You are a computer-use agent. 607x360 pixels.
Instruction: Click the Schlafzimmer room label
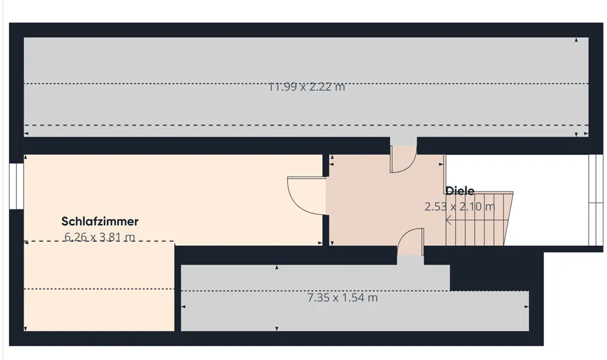(x=100, y=222)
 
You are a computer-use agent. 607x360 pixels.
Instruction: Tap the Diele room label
(x=460, y=191)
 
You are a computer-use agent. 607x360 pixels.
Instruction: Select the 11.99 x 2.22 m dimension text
(x=307, y=87)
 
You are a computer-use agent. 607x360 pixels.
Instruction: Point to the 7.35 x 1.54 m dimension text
(x=342, y=298)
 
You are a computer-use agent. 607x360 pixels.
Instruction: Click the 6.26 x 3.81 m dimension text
(x=100, y=237)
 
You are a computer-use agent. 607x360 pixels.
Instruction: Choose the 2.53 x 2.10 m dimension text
(x=459, y=206)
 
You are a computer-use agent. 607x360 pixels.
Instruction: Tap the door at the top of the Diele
(x=402, y=159)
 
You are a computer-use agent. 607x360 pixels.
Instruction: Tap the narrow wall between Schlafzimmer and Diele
(x=326, y=200)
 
